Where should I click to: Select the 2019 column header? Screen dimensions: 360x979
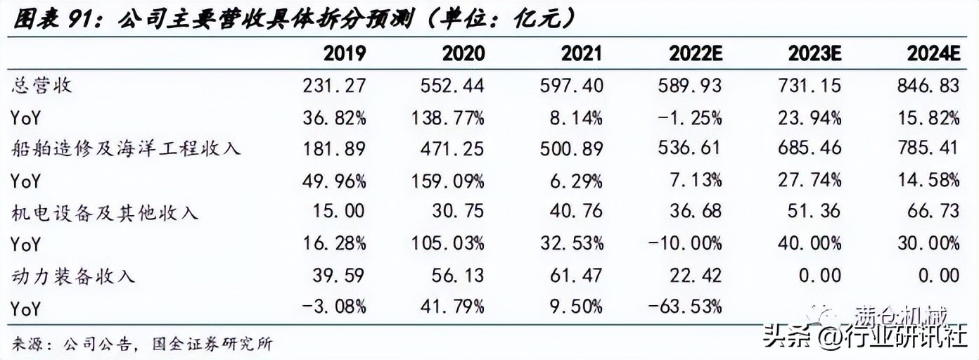[344, 53]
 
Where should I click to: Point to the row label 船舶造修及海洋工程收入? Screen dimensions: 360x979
[127, 149]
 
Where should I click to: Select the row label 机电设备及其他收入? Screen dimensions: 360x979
[105, 212]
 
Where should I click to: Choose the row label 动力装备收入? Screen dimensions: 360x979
[73, 276]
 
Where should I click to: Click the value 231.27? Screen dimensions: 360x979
[334, 86]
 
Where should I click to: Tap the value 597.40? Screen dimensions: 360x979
[571, 86]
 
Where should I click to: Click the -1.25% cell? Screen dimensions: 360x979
[688, 117]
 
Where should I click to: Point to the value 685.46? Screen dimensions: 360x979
[809, 149]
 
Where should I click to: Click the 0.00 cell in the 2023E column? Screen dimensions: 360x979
[818, 276]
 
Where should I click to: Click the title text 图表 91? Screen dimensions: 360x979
[53, 17]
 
